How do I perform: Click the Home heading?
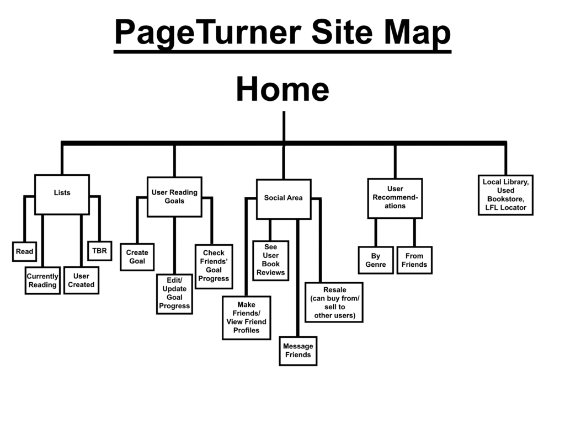(x=282, y=90)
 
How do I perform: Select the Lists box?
(x=62, y=194)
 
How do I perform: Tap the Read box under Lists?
(x=24, y=251)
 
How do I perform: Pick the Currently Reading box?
(x=42, y=281)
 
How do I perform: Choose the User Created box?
(x=81, y=281)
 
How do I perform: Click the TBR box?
(x=99, y=251)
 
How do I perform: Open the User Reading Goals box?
(x=174, y=197)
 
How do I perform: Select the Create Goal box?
(x=137, y=257)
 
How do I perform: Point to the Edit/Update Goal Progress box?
(x=174, y=293)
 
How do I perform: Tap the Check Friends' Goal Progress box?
(x=214, y=266)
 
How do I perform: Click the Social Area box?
(x=283, y=198)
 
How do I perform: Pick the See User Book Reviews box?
(x=270, y=260)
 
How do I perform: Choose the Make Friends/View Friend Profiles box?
(x=246, y=317)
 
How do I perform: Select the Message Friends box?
(x=298, y=351)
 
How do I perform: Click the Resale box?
(x=334, y=302)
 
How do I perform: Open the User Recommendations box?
(x=395, y=198)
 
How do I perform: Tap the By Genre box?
(x=375, y=260)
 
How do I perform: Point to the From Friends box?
(x=414, y=260)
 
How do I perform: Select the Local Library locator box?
(x=505, y=195)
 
